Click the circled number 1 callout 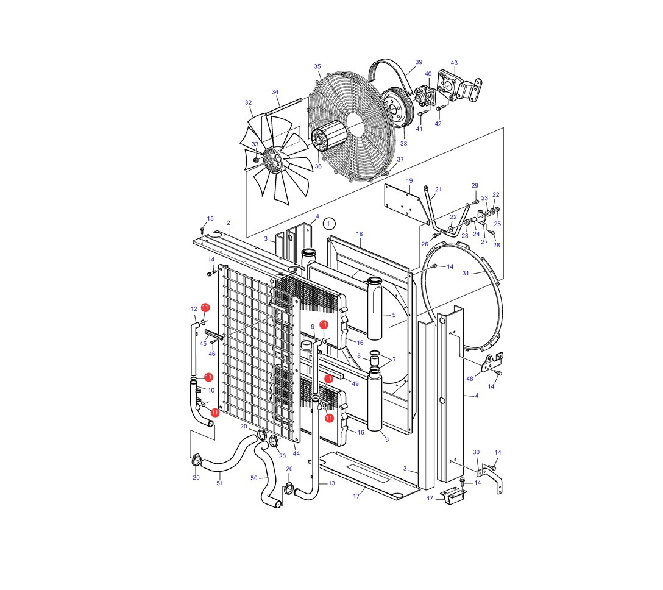pyautogui.click(x=328, y=223)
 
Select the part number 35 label pyautogui.click(x=317, y=66)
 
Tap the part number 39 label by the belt pyautogui.click(x=419, y=62)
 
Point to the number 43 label pyautogui.click(x=454, y=63)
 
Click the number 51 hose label pyautogui.click(x=219, y=483)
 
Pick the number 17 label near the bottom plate pyautogui.click(x=356, y=496)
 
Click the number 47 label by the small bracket pyautogui.click(x=430, y=498)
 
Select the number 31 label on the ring pyautogui.click(x=466, y=273)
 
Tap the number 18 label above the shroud pyautogui.click(x=360, y=234)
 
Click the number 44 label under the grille pyautogui.click(x=296, y=453)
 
